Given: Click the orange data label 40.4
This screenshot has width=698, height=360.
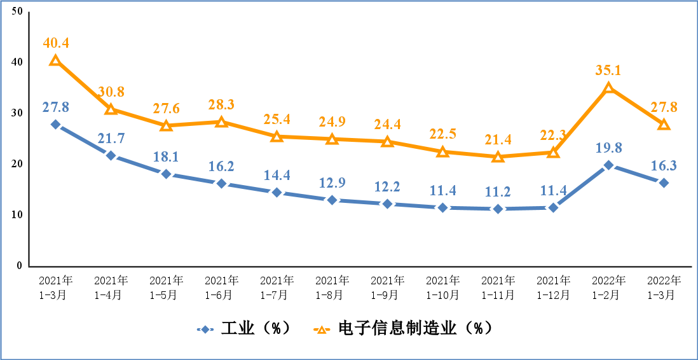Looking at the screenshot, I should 56,43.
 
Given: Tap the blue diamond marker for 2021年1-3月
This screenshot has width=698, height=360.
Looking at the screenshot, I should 56,125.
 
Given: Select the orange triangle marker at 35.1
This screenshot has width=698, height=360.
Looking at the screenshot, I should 608,88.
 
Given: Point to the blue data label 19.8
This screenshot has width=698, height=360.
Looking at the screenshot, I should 608,148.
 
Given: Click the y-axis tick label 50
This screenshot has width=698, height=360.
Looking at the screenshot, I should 17,11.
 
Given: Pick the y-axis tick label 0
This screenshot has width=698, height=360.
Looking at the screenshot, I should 20,266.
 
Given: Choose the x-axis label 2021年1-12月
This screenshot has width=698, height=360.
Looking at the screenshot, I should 553,287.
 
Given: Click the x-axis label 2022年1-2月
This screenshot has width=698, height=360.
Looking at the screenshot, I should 608,287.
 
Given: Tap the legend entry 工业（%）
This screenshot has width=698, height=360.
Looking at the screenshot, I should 244,328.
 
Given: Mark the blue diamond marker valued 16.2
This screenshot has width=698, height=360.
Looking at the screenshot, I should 221,184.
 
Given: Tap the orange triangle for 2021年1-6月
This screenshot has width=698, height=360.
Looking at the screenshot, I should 221,121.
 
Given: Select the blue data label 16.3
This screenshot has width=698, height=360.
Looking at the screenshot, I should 664,166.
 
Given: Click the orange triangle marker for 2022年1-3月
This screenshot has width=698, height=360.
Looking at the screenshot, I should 664,125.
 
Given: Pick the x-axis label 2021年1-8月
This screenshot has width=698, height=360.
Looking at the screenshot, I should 332,287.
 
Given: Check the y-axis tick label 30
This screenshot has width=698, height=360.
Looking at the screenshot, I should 17,113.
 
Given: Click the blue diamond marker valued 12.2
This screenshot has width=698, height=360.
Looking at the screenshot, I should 387,204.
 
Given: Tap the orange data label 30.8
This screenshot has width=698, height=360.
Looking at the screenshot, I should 111,92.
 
